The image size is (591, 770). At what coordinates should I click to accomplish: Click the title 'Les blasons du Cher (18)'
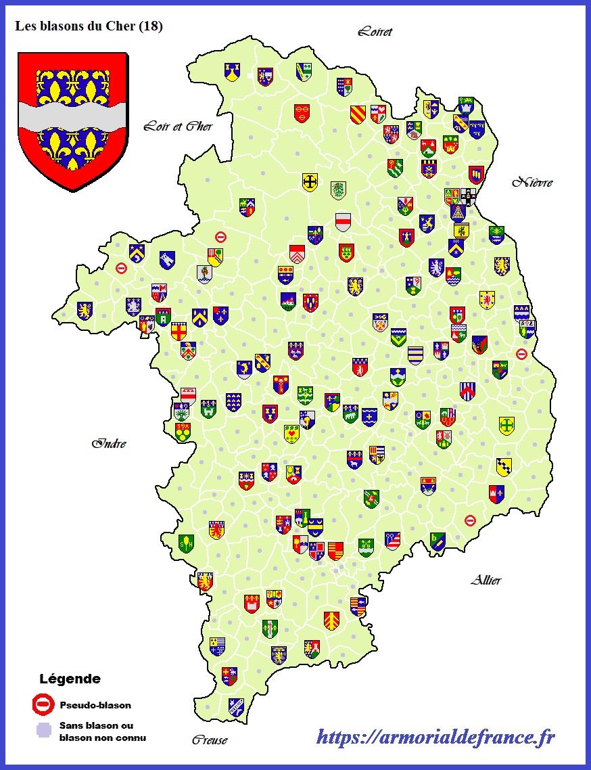tap(89, 27)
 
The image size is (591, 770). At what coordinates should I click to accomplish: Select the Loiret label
tap(375, 32)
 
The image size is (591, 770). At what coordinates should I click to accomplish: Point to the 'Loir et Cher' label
tap(178, 127)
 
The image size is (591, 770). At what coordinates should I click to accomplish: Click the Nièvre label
tap(532, 182)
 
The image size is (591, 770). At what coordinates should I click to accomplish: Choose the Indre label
tap(110, 444)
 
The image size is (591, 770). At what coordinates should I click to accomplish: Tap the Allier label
tap(486, 581)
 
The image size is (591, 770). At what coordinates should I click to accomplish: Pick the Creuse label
tap(209, 740)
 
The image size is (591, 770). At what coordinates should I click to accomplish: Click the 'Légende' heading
tap(70, 679)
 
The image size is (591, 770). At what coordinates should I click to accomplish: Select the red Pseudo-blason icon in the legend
tap(43, 705)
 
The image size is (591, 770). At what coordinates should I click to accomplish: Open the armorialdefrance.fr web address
tap(435, 737)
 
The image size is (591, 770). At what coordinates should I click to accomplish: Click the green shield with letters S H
tap(186, 543)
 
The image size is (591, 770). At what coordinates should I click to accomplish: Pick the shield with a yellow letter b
tap(437, 540)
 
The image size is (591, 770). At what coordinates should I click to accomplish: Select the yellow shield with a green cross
tap(506, 426)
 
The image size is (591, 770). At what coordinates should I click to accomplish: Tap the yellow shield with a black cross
tap(310, 182)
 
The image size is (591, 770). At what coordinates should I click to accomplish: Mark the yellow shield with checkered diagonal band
tap(503, 466)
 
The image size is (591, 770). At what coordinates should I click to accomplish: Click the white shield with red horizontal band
tap(344, 222)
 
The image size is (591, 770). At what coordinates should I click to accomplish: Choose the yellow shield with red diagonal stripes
tap(358, 114)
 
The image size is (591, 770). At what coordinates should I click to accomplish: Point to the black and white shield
tap(468, 196)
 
